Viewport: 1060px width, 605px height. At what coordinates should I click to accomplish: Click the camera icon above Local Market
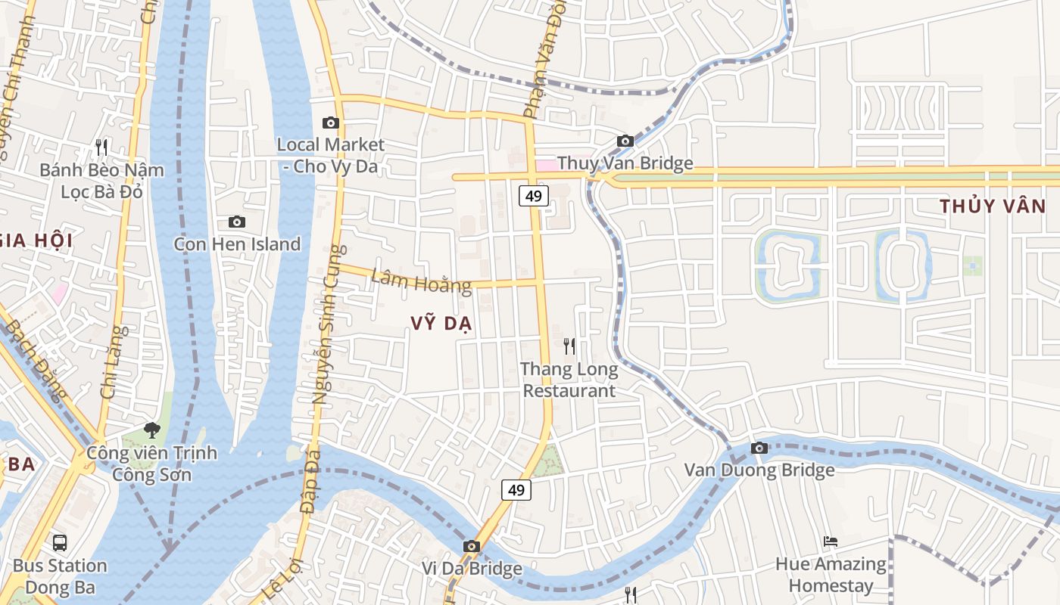(x=330, y=123)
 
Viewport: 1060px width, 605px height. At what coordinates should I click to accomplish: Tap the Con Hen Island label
(x=237, y=244)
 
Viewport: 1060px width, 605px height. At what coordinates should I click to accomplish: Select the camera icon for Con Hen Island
(x=237, y=222)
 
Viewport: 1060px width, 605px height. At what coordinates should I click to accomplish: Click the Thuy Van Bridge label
(x=625, y=163)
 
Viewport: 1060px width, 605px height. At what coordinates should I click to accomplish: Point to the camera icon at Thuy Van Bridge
(x=625, y=141)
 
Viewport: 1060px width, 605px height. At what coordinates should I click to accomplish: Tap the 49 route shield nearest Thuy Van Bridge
(x=534, y=196)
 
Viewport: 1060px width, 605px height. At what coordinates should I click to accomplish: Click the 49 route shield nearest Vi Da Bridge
(x=516, y=489)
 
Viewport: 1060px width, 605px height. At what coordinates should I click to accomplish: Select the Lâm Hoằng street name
(x=421, y=282)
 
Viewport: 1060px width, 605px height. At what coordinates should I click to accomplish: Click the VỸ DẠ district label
(x=441, y=324)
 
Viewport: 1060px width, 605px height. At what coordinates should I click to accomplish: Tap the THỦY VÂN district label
(x=993, y=206)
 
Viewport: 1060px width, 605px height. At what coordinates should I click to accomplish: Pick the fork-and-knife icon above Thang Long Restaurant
(x=569, y=346)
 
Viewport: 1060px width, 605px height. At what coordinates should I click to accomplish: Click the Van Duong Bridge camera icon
(x=759, y=448)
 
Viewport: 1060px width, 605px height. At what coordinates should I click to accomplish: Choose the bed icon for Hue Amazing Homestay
(x=831, y=541)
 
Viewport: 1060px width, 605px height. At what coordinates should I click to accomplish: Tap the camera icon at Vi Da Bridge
(x=472, y=546)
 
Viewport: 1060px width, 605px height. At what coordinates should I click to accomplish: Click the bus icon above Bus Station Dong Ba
(x=60, y=542)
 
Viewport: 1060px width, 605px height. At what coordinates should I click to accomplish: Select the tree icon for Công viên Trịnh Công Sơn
(x=152, y=430)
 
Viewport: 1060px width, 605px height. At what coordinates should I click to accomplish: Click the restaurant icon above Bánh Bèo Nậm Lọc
(x=101, y=147)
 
